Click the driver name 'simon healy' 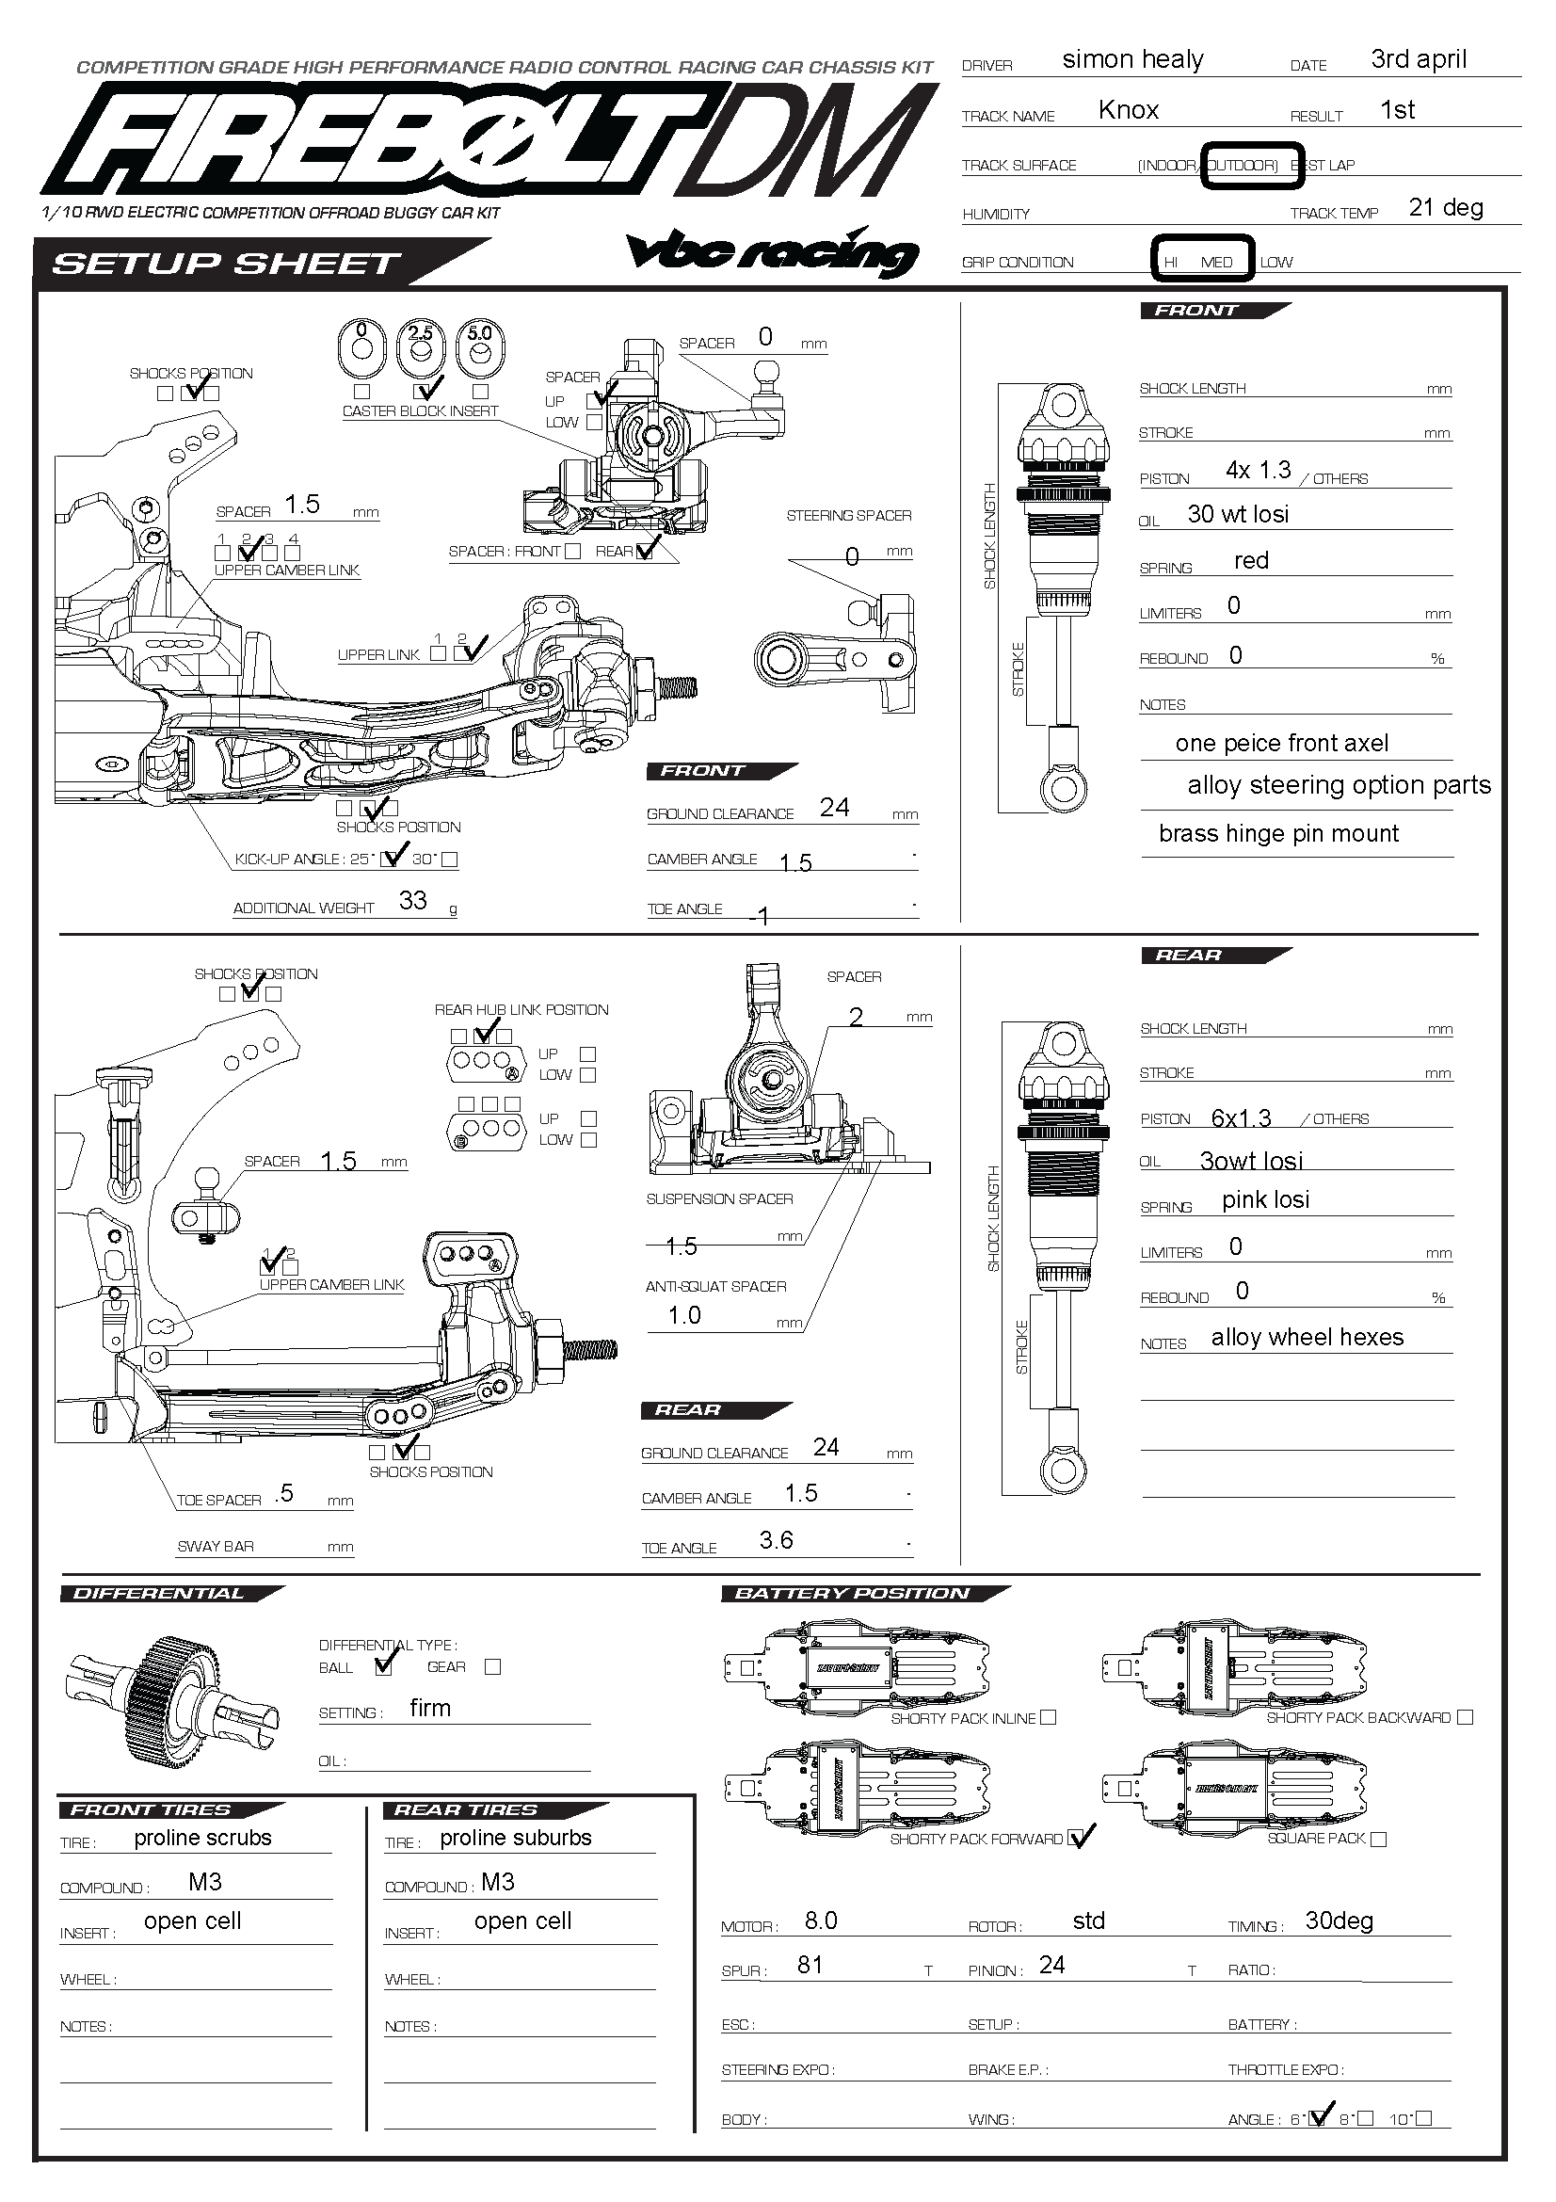click(x=1132, y=59)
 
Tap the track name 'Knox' click(x=1129, y=110)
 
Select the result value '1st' click(x=1397, y=110)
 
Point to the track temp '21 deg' click(x=1446, y=208)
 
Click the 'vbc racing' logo click(x=773, y=252)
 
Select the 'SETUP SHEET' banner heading click(x=226, y=264)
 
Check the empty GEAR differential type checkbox click(x=493, y=1667)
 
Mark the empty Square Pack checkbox click(x=1379, y=1839)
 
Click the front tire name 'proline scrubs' click(x=202, y=1838)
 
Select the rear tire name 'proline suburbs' click(x=516, y=1838)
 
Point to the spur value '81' click(x=810, y=1965)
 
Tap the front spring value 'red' click(x=1251, y=560)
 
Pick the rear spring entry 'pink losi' click(x=1265, y=1199)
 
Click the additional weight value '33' click(x=413, y=901)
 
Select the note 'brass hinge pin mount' click(x=1278, y=833)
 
